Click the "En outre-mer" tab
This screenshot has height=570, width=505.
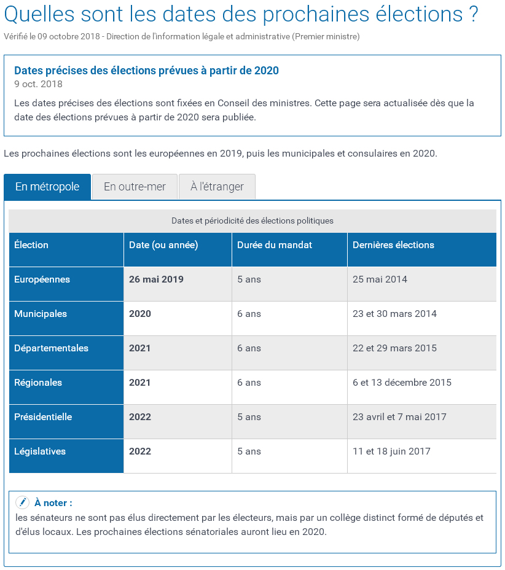coord(135,187)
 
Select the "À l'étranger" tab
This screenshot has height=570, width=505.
coord(217,187)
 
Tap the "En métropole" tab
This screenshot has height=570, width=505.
coord(47,187)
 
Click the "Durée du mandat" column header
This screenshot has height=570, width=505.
coord(275,245)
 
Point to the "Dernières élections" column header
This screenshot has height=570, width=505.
coord(393,245)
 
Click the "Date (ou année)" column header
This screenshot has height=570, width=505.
coord(163,245)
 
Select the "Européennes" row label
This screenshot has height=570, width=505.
coord(42,279)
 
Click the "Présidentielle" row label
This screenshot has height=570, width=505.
coord(43,417)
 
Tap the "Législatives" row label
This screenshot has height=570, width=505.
coord(40,451)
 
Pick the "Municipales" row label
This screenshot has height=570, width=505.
coord(41,314)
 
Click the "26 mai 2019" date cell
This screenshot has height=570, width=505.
coord(156,279)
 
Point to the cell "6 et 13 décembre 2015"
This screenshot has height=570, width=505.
coord(402,383)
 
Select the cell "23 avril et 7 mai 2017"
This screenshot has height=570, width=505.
coord(399,417)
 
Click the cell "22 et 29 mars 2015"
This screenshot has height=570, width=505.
coord(394,348)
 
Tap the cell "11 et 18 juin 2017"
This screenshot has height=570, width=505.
coord(391,451)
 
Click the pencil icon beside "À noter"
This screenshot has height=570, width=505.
coord(22,502)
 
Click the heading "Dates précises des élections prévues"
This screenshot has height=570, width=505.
coord(146,71)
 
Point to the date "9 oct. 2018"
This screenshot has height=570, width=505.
coord(38,84)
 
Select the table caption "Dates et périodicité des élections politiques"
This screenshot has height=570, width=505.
coord(252,221)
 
